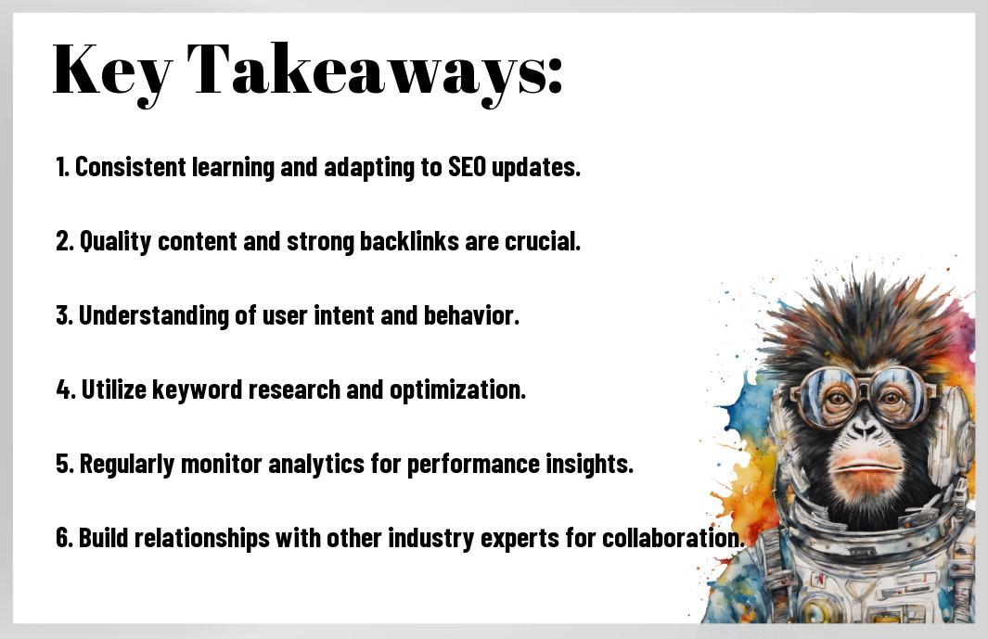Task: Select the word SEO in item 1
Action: (x=467, y=167)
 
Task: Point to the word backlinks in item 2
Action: (x=409, y=241)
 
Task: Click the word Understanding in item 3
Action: (x=154, y=316)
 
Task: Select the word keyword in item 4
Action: (x=198, y=390)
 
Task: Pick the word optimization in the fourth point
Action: (x=457, y=390)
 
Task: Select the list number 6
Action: (x=64, y=538)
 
